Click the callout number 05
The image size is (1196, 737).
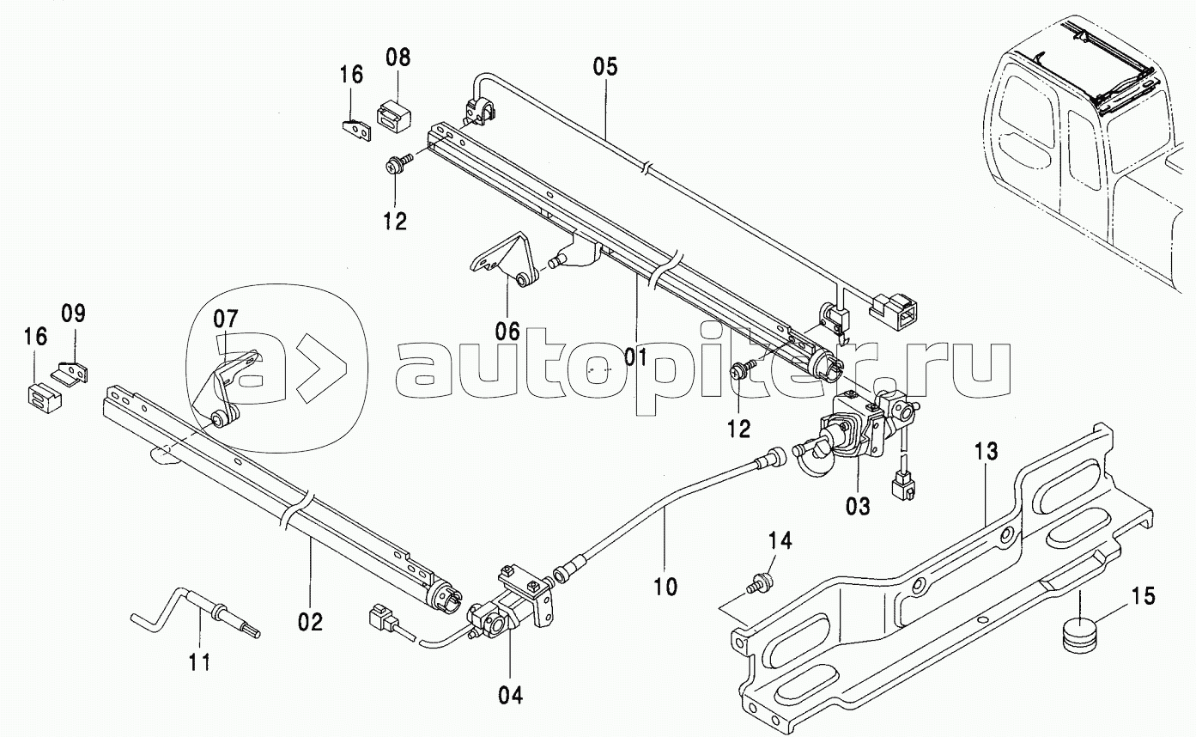pos(605,67)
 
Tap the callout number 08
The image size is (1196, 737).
pos(398,58)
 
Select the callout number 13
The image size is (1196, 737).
pos(986,452)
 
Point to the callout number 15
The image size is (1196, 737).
pos(1143,596)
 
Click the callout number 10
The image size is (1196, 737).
pos(665,587)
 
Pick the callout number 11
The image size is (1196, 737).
pos(200,662)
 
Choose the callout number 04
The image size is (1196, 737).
pos(511,696)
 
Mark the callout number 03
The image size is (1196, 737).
pos(858,506)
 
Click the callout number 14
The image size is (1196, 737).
pos(780,541)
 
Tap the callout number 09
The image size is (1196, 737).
pos(73,314)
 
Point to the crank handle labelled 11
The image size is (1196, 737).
pos(196,613)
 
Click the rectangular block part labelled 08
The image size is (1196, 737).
pos(393,115)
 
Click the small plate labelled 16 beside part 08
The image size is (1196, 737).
pos(356,130)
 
